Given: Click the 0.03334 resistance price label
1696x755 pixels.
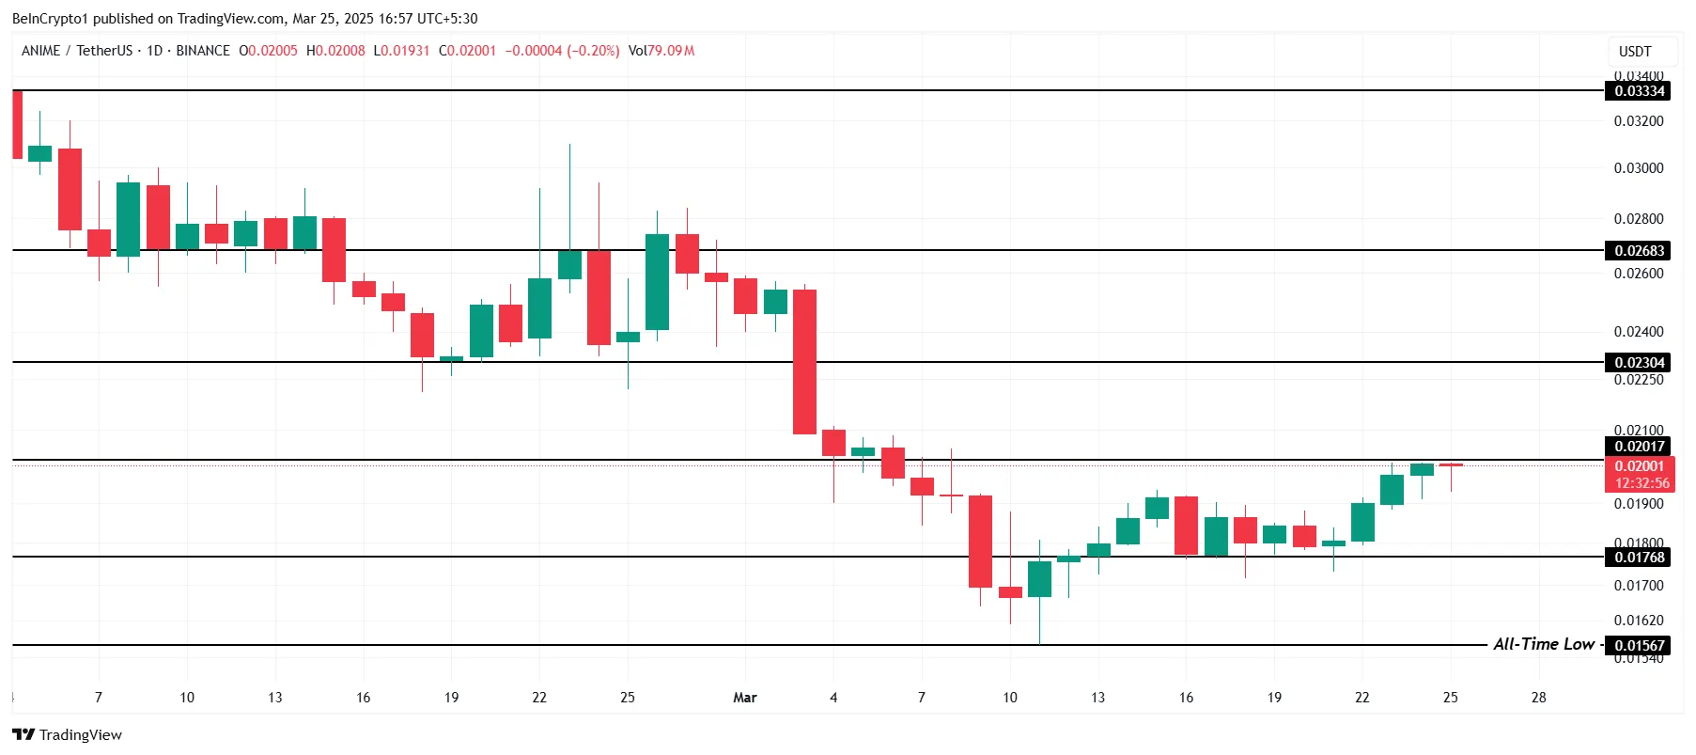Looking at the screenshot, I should point(1640,91).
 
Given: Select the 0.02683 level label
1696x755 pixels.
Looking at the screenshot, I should point(1640,251).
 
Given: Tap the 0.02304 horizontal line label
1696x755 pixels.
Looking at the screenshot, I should point(1640,363).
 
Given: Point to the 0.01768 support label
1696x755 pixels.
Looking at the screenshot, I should point(1640,558).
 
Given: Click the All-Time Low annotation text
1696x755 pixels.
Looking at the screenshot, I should point(1543,644).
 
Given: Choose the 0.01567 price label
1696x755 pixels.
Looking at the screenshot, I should point(1640,646).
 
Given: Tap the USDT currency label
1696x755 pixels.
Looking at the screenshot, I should point(1635,52).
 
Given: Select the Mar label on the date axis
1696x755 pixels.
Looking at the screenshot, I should point(745,698).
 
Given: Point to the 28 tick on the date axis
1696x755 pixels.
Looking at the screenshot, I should point(1538,698).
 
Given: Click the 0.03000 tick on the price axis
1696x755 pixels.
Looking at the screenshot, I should point(1639,168).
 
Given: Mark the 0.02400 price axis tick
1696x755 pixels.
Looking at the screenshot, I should point(1639,332).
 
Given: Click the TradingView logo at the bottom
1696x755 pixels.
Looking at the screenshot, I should point(68,734).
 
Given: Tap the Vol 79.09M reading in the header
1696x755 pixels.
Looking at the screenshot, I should point(661,51).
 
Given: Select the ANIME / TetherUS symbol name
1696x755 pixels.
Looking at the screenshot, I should point(77,51).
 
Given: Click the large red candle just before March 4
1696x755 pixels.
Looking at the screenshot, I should point(804,362).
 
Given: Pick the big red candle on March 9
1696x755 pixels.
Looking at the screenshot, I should point(980,542).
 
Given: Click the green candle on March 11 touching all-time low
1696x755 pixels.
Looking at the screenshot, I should point(1039,579).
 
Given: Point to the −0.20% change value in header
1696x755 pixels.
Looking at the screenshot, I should point(593,51).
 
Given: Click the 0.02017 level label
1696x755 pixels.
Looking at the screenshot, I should point(1640,447).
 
